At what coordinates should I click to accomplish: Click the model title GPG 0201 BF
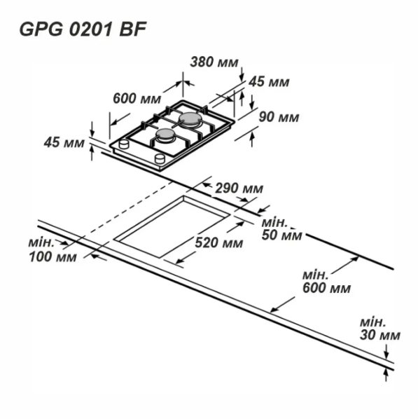coord(83,29)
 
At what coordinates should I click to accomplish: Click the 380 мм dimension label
coord(214,62)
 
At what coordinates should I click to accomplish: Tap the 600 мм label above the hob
coord(137,98)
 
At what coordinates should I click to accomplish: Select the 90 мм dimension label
coord(279,117)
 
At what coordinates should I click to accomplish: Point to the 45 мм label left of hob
coord(64,142)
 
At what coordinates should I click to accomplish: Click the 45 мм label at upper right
coord(269,82)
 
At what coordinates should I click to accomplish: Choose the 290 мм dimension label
coord(239,188)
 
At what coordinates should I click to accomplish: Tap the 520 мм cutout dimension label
coord(219,243)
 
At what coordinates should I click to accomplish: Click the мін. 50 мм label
coord(281,229)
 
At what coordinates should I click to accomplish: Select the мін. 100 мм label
coord(53,250)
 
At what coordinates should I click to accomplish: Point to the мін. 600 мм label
coord(326,282)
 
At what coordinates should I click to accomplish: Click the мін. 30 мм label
coord(380,329)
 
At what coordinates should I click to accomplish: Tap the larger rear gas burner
coord(189,119)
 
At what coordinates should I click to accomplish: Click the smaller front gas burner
coord(165,135)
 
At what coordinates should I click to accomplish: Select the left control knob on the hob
coord(124,144)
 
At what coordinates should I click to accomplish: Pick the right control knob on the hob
coord(160,159)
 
